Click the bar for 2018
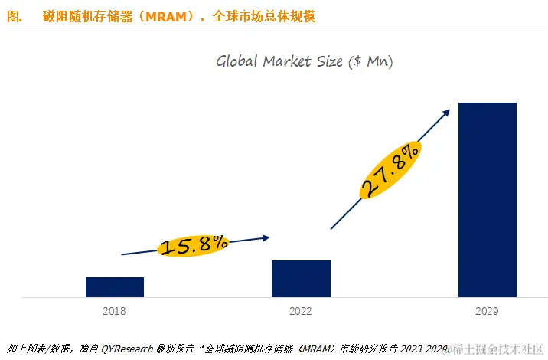(x=115, y=286)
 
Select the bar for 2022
(x=301, y=278)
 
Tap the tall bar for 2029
(x=487, y=199)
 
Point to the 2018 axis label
(x=115, y=311)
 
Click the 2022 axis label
(x=301, y=311)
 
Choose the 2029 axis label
(x=487, y=311)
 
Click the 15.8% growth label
(x=194, y=245)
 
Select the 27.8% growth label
(x=390, y=170)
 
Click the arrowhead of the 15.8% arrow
(x=266, y=237)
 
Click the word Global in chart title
(x=237, y=61)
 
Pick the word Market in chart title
(x=286, y=61)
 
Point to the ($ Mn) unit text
(x=370, y=61)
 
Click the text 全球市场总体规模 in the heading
(x=261, y=16)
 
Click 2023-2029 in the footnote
(x=425, y=349)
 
